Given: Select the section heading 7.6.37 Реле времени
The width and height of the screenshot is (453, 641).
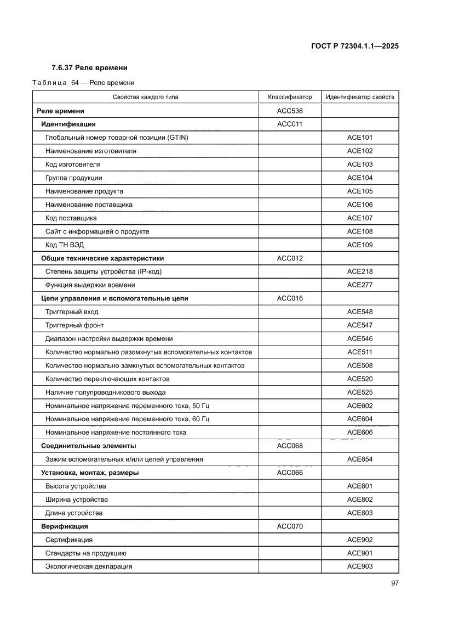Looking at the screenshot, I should click(x=89, y=68).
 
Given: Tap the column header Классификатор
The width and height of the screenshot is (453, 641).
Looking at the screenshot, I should click(x=290, y=97).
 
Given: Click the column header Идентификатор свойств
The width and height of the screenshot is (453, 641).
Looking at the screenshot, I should click(x=360, y=97).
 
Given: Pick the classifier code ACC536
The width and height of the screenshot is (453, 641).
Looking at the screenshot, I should click(x=290, y=111).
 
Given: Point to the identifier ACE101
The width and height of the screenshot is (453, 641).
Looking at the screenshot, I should click(x=360, y=138).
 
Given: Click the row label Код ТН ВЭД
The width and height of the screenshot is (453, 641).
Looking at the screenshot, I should click(x=64, y=245).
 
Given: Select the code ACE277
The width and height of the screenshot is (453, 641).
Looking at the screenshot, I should click(x=360, y=285).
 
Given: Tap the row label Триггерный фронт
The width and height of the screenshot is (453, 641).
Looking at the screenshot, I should click(x=74, y=325).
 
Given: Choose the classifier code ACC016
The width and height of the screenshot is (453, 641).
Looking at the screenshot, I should click(x=290, y=298).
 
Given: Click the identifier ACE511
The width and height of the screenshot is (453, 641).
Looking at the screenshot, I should click(x=360, y=352).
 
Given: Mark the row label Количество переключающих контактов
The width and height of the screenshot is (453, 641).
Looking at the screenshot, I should click(x=107, y=379).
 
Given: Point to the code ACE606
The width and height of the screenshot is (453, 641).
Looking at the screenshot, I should click(x=360, y=433).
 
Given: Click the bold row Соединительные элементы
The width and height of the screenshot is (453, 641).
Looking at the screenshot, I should click(x=89, y=446).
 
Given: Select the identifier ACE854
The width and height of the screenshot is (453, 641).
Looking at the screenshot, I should click(x=360, y=460).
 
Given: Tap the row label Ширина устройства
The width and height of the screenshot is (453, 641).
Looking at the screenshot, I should click(x=77, y=500).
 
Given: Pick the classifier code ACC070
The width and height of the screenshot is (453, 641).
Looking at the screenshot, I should click(x=290, y=526).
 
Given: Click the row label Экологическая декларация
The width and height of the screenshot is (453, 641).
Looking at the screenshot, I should click(x=89, y=566).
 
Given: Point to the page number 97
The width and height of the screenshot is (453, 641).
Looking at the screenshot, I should click(x=394, y=583).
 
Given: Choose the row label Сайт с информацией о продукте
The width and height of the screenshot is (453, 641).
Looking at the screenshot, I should click(x=98, y=231).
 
